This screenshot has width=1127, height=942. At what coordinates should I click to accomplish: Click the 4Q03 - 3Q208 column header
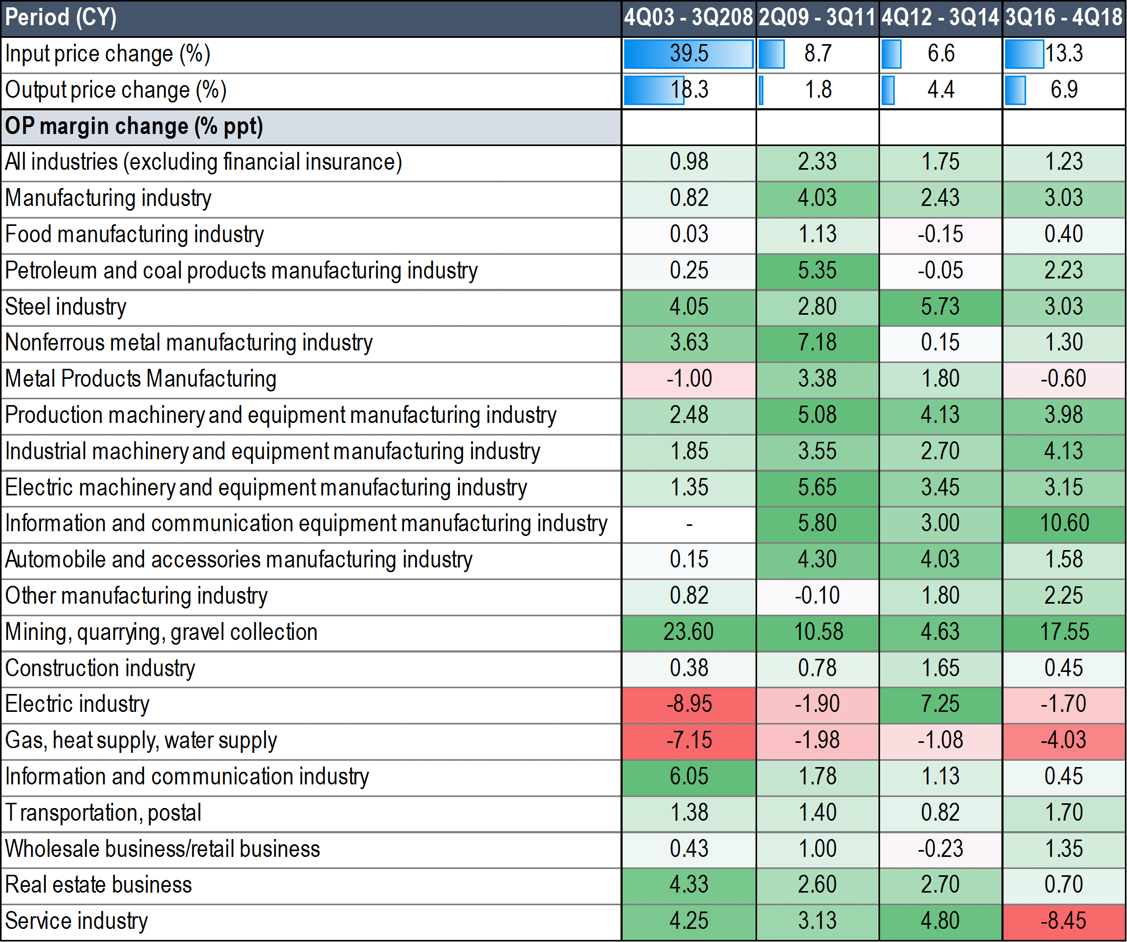(x=688, y=18)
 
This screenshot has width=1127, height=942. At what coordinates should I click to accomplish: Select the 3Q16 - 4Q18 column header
(x=1063, y=18)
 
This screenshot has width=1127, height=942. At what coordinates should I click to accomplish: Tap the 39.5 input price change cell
(x=688, y=54)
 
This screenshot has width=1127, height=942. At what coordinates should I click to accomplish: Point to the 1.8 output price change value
(x=818, y=90)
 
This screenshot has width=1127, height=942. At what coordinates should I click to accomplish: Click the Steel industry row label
(x=66, y=307)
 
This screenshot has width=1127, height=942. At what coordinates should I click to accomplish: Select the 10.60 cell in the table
(x=1063, y=523)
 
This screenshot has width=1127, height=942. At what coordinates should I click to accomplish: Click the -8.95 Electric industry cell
(x=688, y=704)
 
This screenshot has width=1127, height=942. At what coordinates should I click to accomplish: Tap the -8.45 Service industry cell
(x=1063, y=921)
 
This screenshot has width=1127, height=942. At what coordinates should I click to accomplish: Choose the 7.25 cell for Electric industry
(x=940, y=704)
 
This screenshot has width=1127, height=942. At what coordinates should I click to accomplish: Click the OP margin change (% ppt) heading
(x=134, y=127)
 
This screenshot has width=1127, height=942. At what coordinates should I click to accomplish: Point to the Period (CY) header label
(x=60, y=18)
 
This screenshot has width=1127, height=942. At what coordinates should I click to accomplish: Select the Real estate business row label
(x=98, y=885)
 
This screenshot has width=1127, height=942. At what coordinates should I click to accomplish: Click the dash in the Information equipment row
(x=688, y=523)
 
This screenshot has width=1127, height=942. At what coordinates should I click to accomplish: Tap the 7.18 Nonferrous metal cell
(x=817, y=343)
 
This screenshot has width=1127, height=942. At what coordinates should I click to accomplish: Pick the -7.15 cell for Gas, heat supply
(x=688, y=741)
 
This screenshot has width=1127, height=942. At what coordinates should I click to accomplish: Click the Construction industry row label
(x=100, y=668)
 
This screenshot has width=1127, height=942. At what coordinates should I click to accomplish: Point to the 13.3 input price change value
(x=1063, y=54)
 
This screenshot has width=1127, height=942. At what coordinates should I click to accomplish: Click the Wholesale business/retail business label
(x=162, y=849)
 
